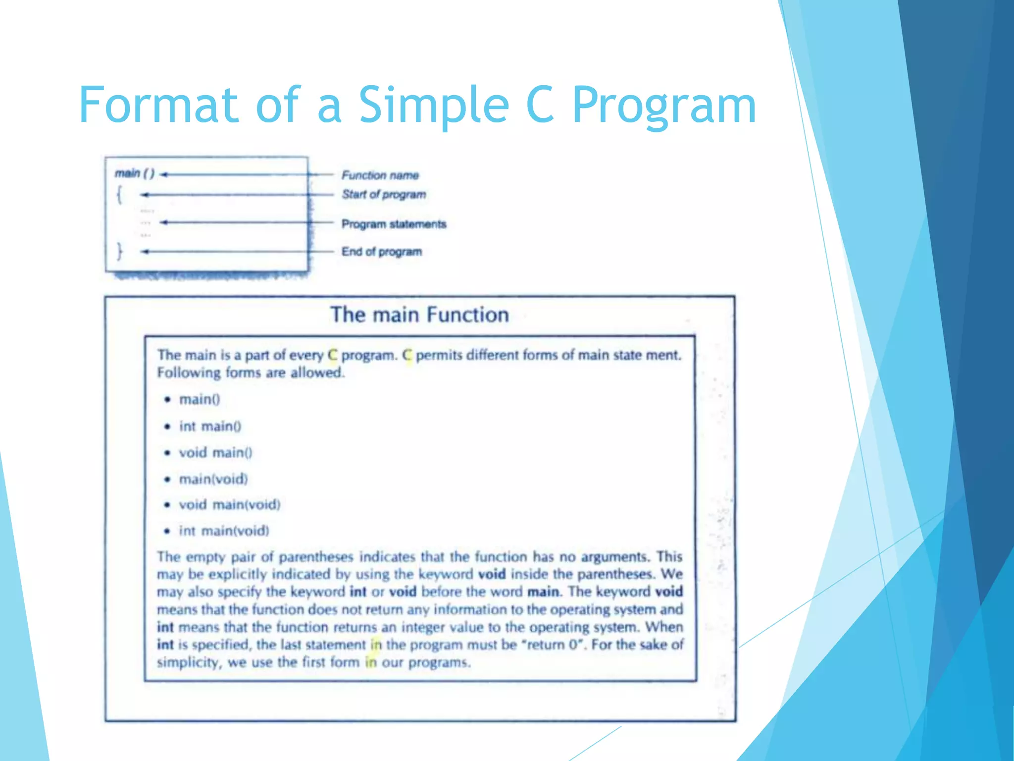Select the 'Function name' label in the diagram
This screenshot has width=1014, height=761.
tap(380, 175)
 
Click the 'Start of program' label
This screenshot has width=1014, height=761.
tap(384, 194)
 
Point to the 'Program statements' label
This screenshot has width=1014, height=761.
tap(394, 224)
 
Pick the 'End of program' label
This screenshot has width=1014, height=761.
tap(382, 252)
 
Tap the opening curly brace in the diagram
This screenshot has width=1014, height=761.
tap(119, 194)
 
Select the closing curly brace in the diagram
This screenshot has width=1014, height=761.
tap(119, 251)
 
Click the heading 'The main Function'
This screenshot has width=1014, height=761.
tap(419, 315)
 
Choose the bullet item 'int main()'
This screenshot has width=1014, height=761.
tap(210, 426)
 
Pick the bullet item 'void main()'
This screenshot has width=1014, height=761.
tap(215, 452)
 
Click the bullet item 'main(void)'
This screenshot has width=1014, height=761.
tap(213, 479)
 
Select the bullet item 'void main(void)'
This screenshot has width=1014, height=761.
tap(229, 505)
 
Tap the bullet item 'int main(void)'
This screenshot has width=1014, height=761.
tap(224, 531)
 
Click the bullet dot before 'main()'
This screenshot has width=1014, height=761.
tap(168, 400)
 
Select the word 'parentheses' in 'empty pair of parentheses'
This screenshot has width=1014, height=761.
tap(316, 557)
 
